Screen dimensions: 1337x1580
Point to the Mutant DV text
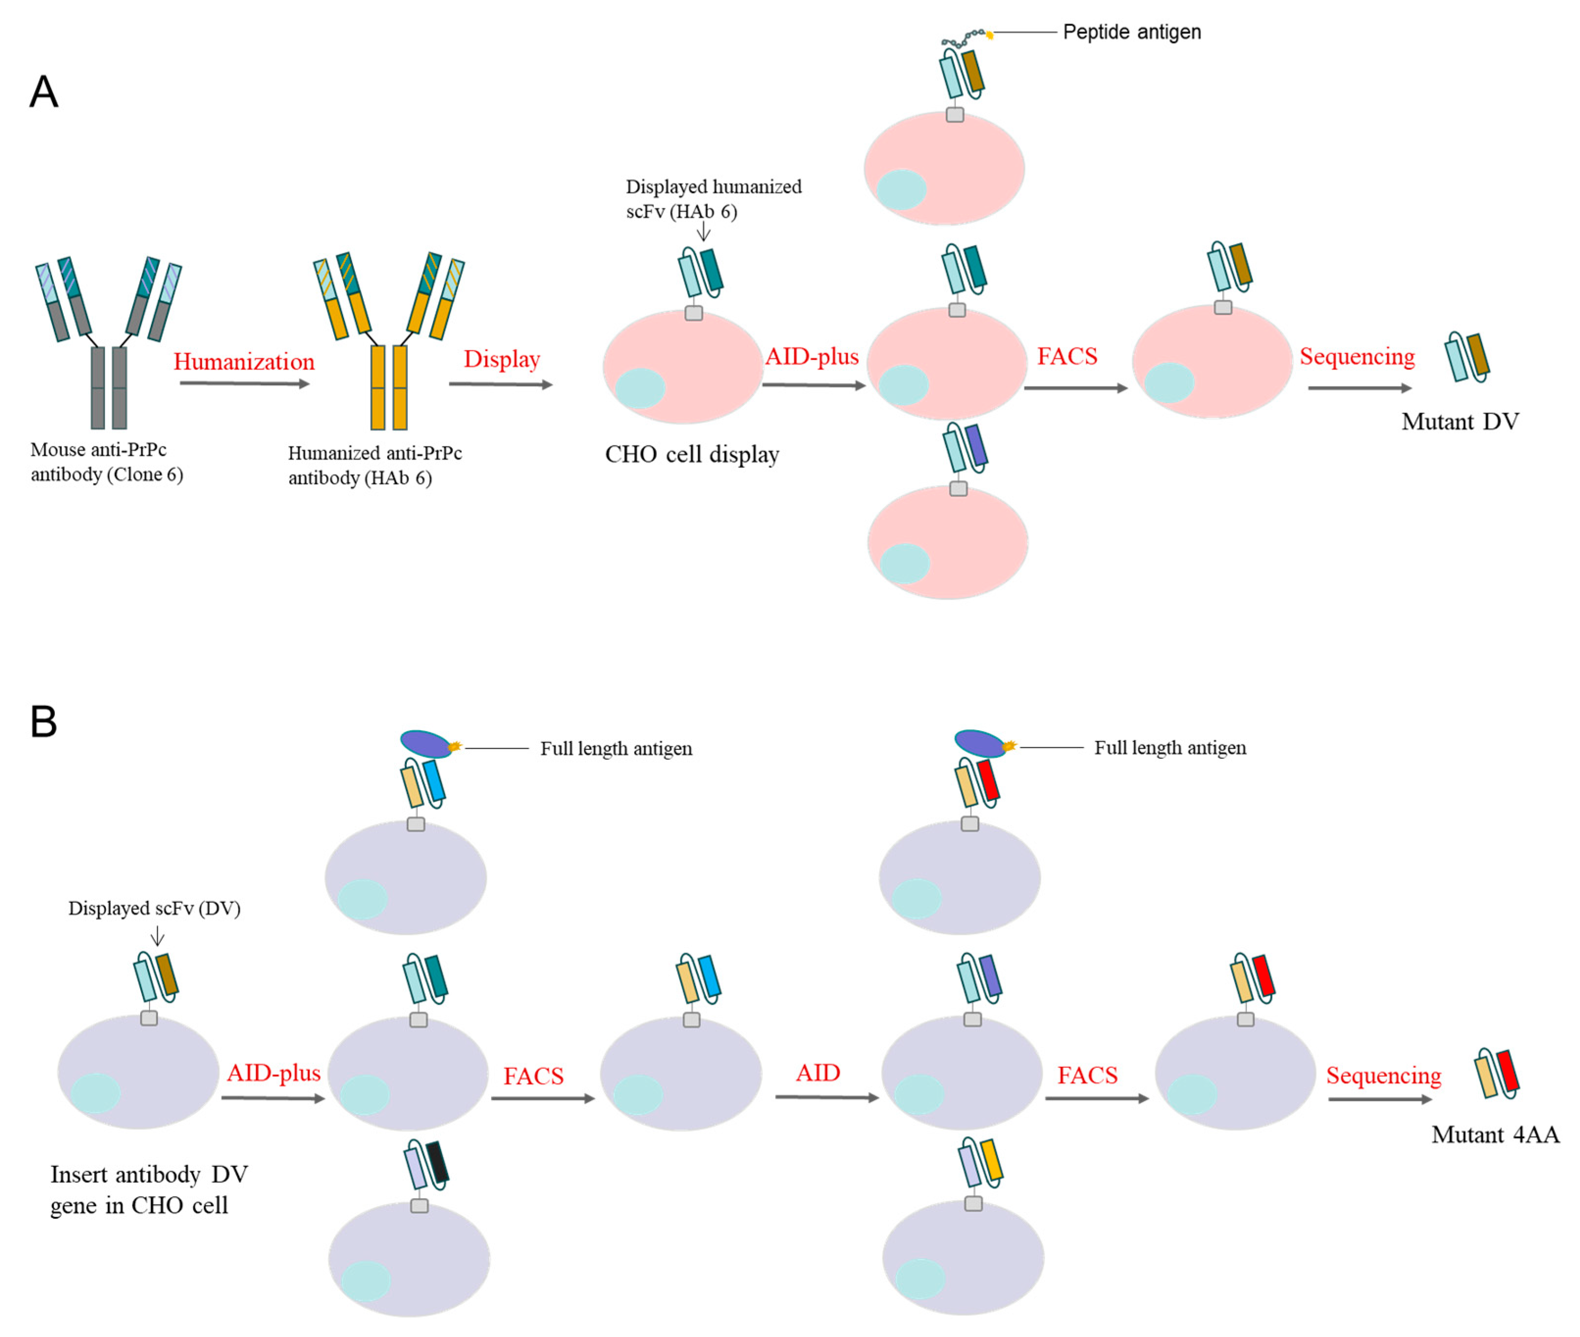1459,421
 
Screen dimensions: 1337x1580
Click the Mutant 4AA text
1494,1135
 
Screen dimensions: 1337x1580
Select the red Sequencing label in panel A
1357,356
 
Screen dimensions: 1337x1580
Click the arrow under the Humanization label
244,384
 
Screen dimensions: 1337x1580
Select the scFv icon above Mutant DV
1466,356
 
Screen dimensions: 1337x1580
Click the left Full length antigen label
616,749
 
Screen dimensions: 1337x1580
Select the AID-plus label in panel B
273,1073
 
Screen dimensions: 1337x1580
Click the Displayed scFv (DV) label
154,909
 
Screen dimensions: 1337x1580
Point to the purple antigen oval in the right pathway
979,743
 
